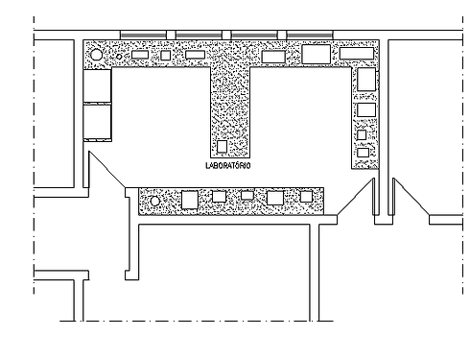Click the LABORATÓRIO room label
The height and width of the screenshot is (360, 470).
click(x=229, y=165)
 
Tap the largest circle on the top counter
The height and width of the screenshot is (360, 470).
click(x=96, y=56)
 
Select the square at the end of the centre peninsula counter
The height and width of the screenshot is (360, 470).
click(x=222, y=147)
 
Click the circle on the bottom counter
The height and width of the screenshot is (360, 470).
click(x=156, y=201)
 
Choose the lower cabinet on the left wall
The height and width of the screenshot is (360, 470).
click(x=99, y=121)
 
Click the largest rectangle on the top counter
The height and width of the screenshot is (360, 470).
click(x=316, y=53)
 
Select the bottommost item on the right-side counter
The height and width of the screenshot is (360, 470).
click(x=362, y=153)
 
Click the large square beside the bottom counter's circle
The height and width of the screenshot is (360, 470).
click(x=190, y=199)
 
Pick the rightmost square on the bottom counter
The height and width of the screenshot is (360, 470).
click(x=306, y=196)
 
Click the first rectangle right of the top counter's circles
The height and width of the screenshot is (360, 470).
click(x=139, y=55)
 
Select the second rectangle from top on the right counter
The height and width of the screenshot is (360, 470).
click(x=364, y=109)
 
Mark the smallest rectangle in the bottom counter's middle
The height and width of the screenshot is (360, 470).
click(x=247, y=196)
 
